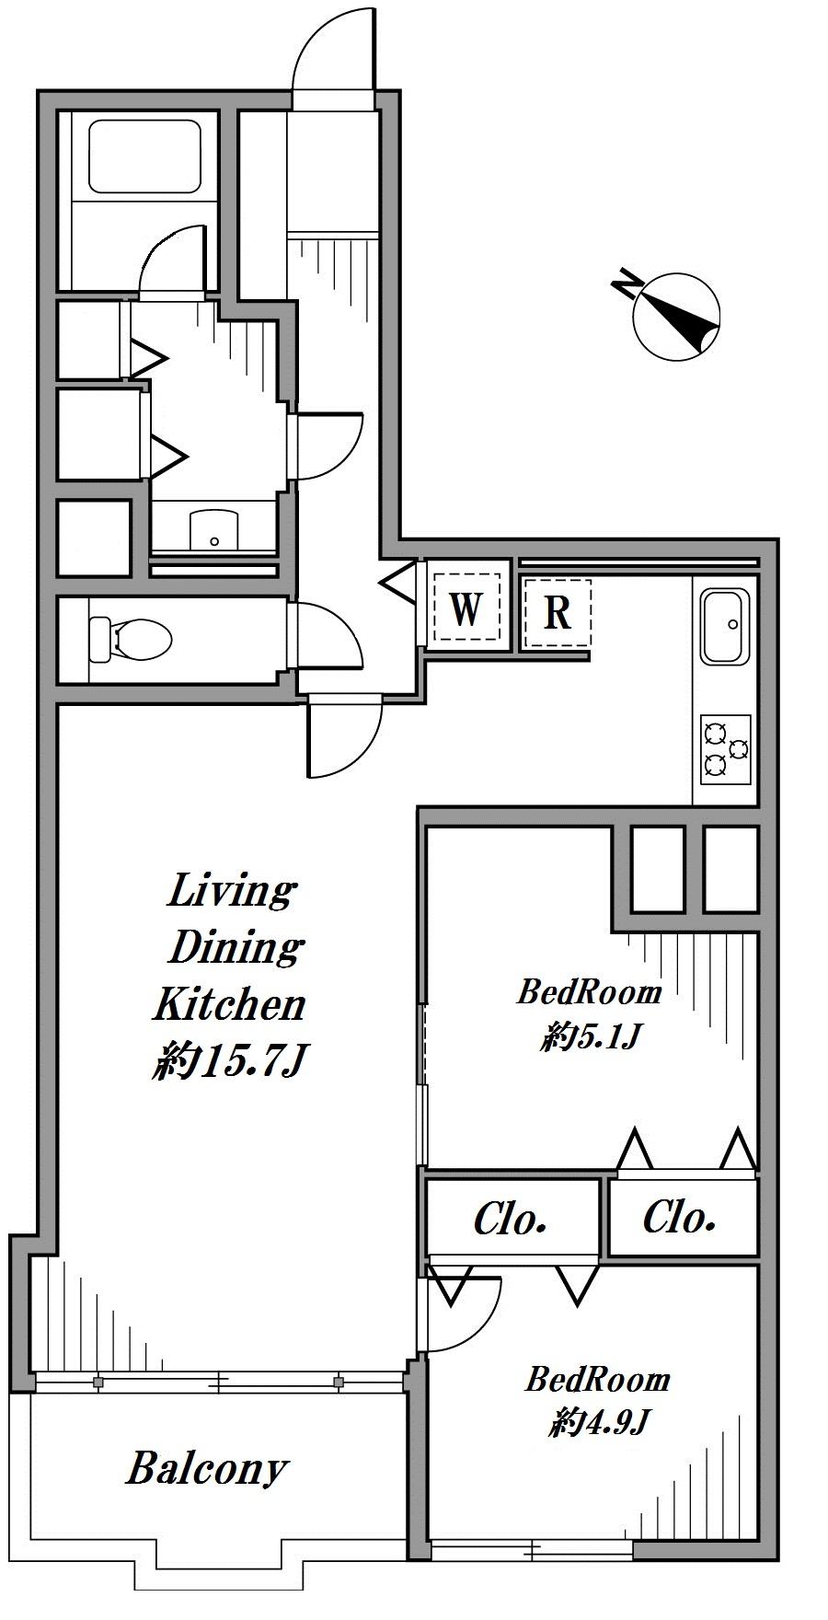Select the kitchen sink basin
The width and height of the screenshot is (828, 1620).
click(726, 627)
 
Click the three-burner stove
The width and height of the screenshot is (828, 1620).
click(726, 748)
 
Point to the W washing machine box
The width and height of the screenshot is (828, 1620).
click(466, 608)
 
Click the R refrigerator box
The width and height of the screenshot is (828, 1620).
click(558, 612)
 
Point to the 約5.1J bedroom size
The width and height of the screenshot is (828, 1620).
click(590, 1038)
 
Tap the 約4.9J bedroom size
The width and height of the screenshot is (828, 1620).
click(599, 1424)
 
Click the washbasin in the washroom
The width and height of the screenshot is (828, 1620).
click(214, 531)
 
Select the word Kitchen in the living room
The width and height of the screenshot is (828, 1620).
click(228, 1004)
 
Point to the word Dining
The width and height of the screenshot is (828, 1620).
click(236, 947)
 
